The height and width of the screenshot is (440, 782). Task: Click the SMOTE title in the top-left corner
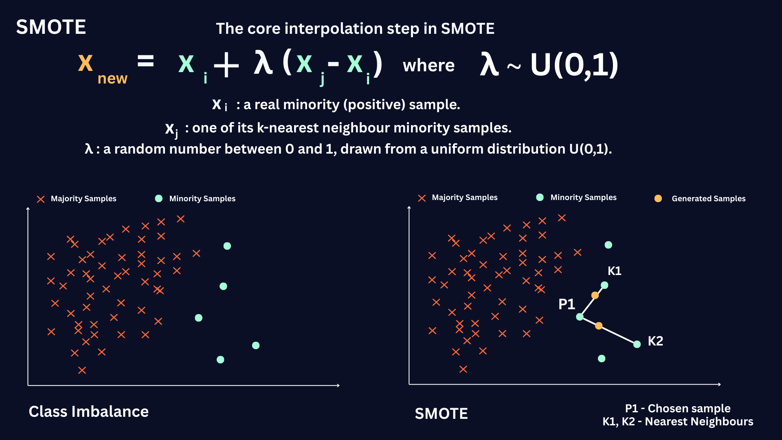(51, 27)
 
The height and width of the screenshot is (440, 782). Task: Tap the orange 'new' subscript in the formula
(112, 78)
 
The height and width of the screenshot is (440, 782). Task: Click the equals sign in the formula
(145, 62)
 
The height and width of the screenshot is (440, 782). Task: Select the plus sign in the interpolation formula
(226, 65)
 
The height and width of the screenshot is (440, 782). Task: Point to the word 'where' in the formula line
(428, 66)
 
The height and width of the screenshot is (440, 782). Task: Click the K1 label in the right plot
(614, 271)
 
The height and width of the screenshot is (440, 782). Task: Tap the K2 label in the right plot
(655, 341)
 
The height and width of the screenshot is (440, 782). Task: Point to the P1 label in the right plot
(567, 304)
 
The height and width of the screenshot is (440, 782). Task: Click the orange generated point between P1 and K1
(595, 295)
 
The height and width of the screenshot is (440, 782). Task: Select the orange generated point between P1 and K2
(599, 326)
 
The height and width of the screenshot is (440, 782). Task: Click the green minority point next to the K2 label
(637, 344)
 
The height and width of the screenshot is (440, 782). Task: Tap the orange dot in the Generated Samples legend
(658, 198)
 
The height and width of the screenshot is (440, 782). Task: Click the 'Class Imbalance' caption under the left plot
(89, 411)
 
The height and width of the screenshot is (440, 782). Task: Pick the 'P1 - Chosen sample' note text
(678, 408)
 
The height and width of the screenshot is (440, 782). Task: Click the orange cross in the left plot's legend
(41, 199)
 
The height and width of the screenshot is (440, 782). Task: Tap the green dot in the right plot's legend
(540, 197)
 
